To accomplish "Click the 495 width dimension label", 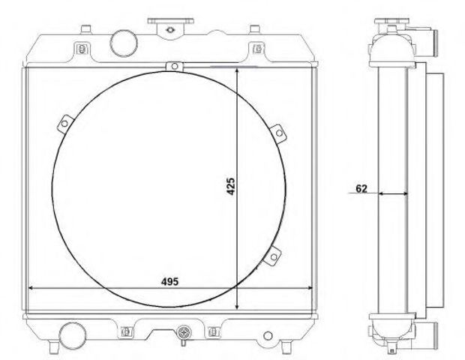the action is (170, 281).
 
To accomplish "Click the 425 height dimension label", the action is (230, 186).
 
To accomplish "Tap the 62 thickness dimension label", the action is (361, 188).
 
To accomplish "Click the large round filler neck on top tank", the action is (124, 42).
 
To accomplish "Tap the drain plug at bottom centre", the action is (184, 334).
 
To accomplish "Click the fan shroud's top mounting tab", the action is (175, 66).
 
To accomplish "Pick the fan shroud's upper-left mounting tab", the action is (65, 124).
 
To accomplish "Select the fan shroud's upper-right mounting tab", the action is (278, 133).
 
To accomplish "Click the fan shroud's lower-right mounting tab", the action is (273, 256).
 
